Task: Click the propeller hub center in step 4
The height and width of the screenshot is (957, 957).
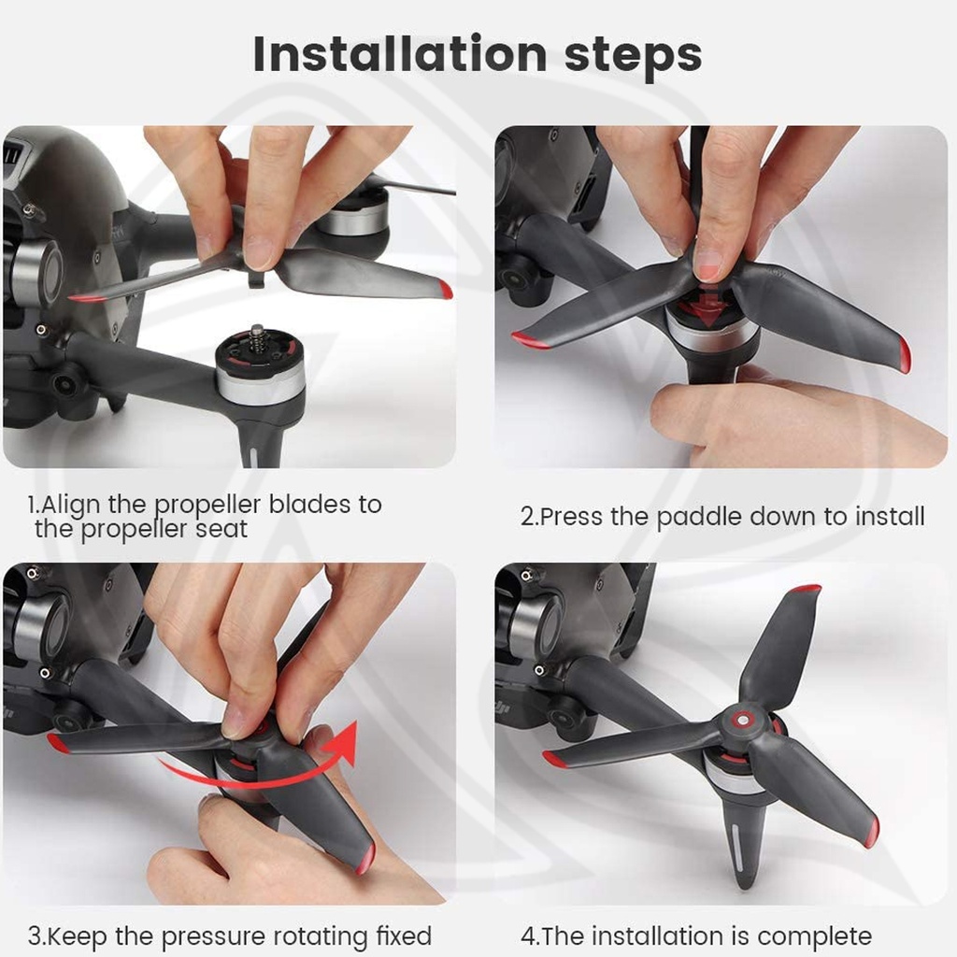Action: (742, 721)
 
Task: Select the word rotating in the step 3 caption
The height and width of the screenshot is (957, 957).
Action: (320, 936)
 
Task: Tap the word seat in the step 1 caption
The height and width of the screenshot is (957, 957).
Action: (221, 529)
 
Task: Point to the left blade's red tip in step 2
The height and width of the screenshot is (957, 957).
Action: (529, 340)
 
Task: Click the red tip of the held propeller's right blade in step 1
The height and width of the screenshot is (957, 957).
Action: (445, 290)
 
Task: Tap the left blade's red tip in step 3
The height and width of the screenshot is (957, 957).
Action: (59, 743)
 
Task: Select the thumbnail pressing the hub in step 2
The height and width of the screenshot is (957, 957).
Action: (708, 264)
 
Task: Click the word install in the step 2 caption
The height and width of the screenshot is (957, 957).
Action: (890, 516)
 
